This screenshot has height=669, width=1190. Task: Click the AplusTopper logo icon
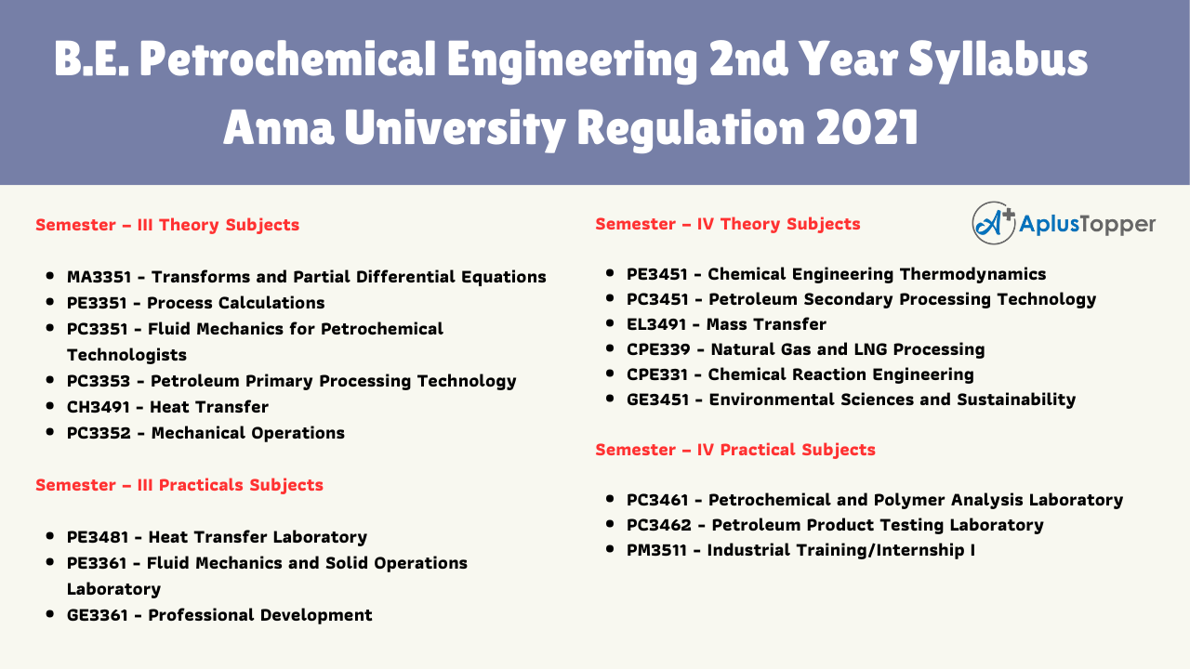(994, 223)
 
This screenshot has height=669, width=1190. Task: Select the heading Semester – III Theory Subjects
(167, 225)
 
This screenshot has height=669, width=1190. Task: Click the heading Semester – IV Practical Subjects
(735, 450)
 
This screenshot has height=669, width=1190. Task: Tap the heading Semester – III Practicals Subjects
(179, 485)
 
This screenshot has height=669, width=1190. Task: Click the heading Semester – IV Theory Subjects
(728, 224)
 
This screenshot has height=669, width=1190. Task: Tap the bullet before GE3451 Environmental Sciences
(610, 400)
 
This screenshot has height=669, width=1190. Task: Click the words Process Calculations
(236, 303)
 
